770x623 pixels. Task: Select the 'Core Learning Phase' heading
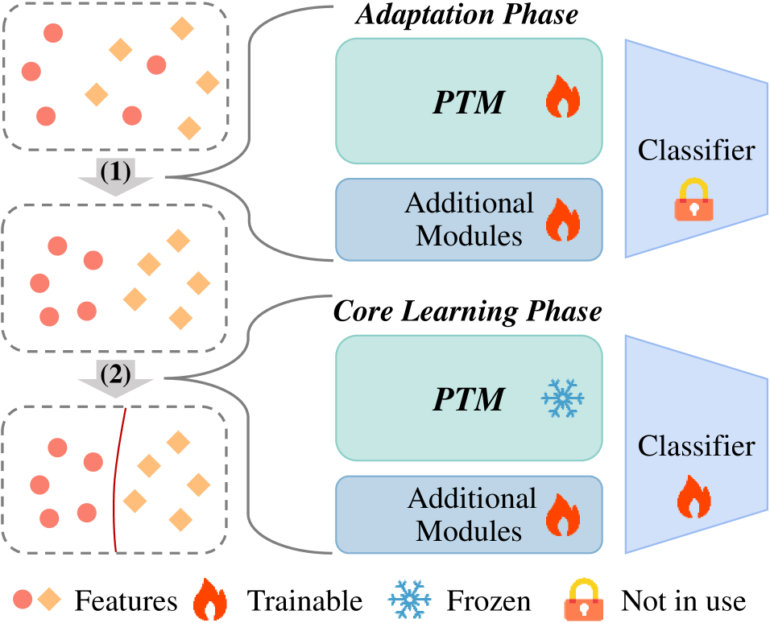coord(468,311)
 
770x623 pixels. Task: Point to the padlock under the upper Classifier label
coord(694,200)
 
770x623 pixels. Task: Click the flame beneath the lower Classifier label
coord(694,497)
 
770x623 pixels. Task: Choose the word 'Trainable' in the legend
coord(304,600)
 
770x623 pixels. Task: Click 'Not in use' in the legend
coord(683,600)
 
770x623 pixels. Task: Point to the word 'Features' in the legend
coord(126,600)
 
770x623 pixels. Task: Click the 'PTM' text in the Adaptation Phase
coord(470,102)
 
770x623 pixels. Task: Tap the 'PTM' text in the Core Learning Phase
coord(470,399)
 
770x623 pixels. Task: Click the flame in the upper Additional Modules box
coord(563,220)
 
